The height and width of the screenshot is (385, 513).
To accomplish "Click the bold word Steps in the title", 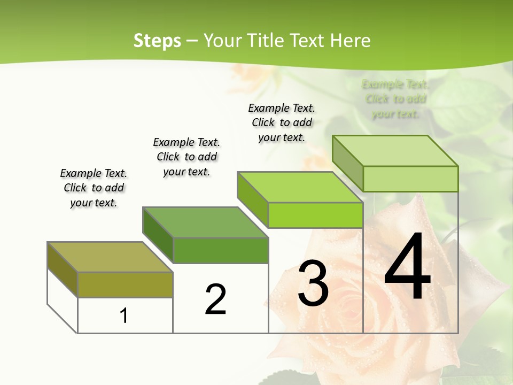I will (157, 41).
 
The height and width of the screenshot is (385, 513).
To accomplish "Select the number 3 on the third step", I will (313, 283).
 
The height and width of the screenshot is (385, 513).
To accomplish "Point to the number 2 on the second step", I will (216, 299).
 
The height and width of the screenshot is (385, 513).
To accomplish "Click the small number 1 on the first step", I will (124, 315).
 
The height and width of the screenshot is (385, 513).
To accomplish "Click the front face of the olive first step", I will (125, 284).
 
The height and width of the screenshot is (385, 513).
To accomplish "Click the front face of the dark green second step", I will (221, 250).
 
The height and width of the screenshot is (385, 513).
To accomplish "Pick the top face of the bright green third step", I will (300, 187).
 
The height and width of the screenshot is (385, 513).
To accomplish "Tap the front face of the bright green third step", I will (315, 215).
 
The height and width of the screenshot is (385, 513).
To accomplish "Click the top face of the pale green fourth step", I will (395, 151).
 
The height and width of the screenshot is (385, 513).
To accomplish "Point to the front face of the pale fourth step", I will (410, 179).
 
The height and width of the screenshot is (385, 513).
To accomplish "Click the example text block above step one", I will (94, 188).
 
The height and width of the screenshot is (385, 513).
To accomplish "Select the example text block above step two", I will (186, 157).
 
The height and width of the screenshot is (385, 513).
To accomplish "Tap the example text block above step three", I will (282, 122).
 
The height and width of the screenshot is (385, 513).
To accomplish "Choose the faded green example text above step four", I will (395, 99).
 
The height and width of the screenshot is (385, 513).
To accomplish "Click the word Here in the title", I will (350, 41).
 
